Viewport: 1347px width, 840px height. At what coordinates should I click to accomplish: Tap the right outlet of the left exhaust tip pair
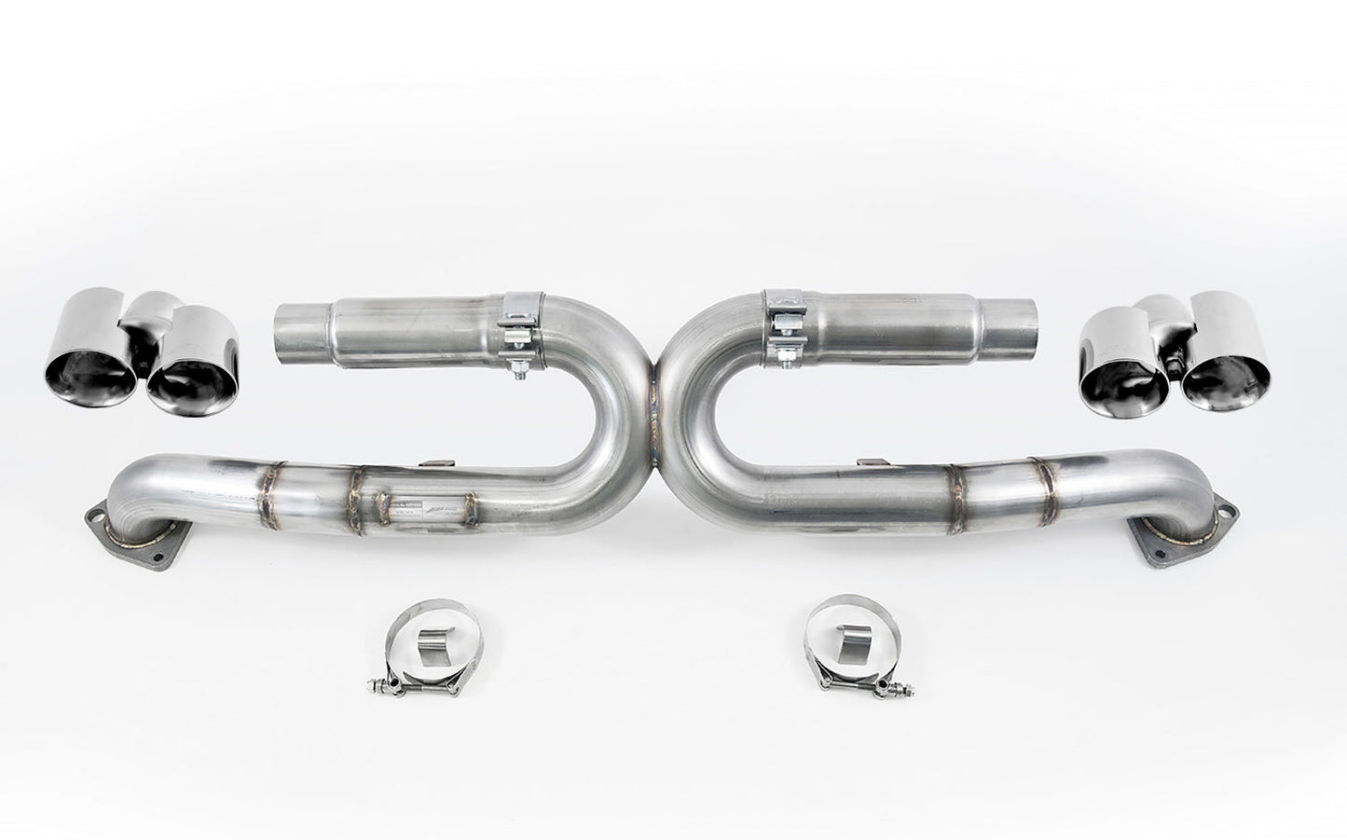[186, 390]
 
